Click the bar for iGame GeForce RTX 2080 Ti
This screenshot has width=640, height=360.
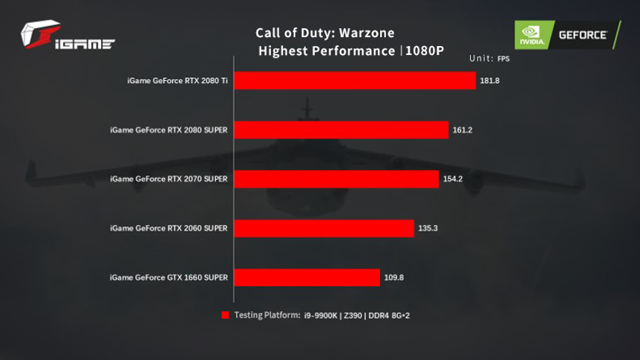tap(355, 80)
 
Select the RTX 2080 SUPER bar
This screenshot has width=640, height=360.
tap(342, 130)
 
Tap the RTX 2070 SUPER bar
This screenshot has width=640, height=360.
tap(337, 179)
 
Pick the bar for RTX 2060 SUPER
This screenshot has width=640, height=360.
tap(324, 228)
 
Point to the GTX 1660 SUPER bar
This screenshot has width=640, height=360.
tap(308, 278)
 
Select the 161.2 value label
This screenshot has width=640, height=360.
tap(463, 130)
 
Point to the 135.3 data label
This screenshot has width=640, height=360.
tap(428, 228)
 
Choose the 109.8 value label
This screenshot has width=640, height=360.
tap(394, 278)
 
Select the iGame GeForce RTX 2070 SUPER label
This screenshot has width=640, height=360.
tap(169, 179)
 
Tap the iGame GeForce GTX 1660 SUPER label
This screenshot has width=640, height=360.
tap(169, 278)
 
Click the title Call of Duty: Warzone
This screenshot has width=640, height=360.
tap(325, 33)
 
